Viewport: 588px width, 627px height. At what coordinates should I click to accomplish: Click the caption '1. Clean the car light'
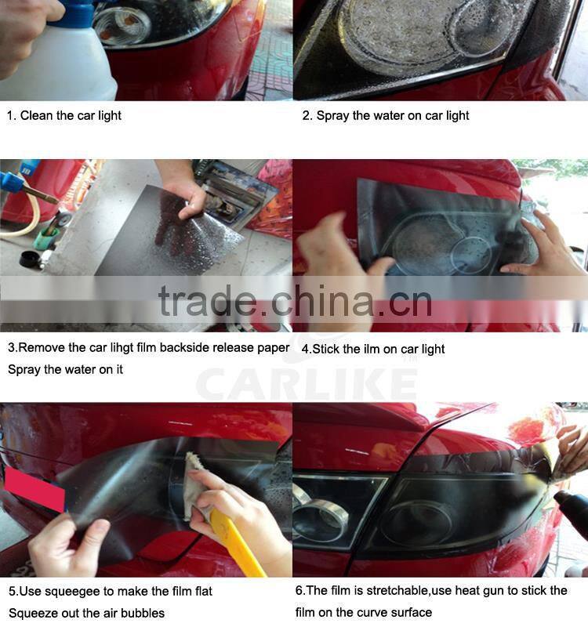[64, 115]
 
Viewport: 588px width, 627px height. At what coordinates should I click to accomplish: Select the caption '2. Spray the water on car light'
[386, 115]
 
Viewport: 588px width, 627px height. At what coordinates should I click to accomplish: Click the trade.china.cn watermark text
[295, 301]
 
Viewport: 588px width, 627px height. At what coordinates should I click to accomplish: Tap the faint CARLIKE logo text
[306, 384]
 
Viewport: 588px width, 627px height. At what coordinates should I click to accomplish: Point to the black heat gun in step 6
[572, 509]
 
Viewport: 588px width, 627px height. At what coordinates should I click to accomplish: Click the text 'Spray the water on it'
[65, 369]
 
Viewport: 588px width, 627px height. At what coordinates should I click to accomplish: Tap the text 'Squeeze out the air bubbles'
[87, 612]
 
